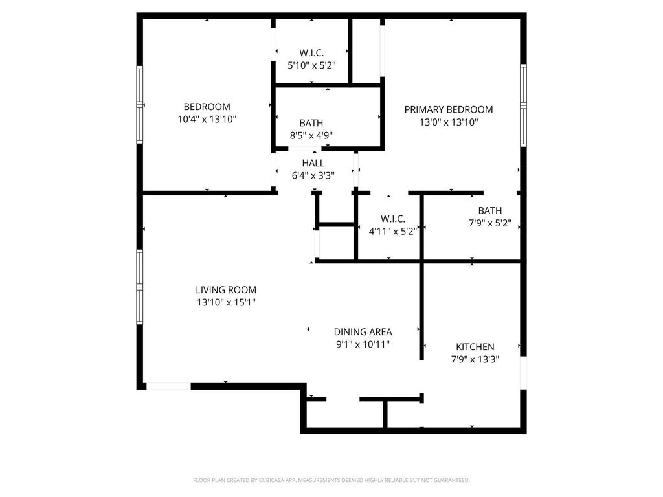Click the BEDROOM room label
coord(207,107)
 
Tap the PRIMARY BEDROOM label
coord(449,109)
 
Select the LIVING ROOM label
coord(226,289)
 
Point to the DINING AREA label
coord(363,332)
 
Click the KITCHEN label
coord(475,347)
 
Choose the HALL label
coord(313,163)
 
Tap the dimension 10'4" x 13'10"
coord(207,119)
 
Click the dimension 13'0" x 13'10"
coord(449,122)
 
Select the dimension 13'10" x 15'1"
coord(226,302)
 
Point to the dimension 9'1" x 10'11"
coord(363,344)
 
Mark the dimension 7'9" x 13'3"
coord(475,359)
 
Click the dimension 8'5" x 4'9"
coord(311,136)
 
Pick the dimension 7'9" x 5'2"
coord(490,223)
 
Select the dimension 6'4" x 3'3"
coord(313,176)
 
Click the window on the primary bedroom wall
coord(523,105)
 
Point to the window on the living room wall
coord(140,287)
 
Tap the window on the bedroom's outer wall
coord(140,104)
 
